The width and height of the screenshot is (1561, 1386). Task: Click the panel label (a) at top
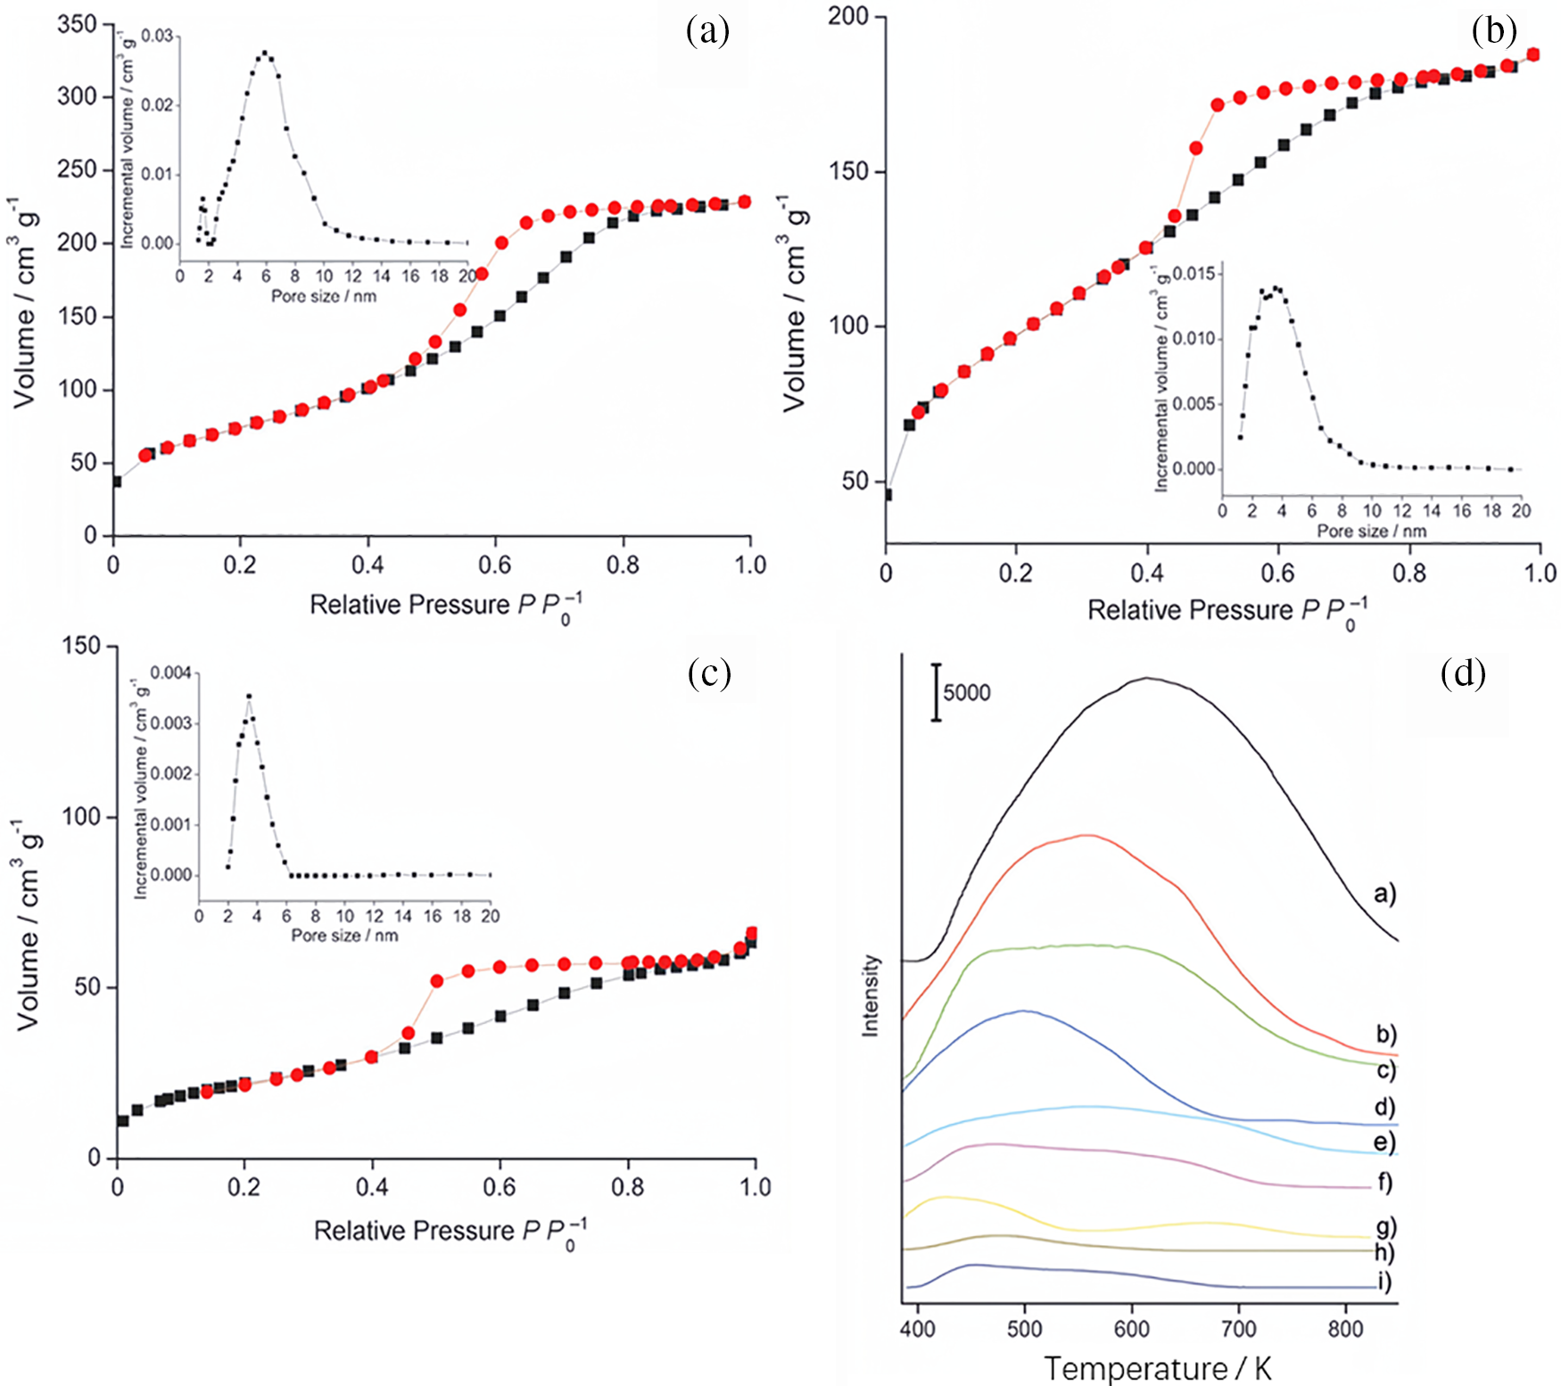(707, 31)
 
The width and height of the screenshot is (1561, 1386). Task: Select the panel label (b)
(1494, 31)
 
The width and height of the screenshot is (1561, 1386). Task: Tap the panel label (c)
(709, 673)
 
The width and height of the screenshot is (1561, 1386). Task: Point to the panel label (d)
(1463, 673)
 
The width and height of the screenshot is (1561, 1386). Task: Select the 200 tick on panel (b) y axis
(847, 16)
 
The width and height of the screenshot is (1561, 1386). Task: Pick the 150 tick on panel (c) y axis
(83, 646)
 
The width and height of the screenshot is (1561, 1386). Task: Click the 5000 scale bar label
(967, 693)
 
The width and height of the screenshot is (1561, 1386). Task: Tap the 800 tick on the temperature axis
(1345, 1329)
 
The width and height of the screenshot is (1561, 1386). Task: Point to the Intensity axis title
(871, 995)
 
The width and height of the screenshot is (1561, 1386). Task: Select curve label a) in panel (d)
(1384, 893)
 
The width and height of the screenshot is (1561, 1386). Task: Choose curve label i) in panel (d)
(1384, 1283)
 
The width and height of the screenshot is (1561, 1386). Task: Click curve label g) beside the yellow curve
(1385, 1227)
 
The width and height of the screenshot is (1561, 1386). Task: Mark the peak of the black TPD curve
(1148, 678)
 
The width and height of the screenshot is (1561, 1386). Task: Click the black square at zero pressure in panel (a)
(115, 482)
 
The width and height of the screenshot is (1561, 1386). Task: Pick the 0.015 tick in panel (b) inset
(1193, 273)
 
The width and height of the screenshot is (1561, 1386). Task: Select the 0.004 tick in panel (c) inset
(170, 672)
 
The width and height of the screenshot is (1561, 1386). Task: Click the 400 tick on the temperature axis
(918, 1329)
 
